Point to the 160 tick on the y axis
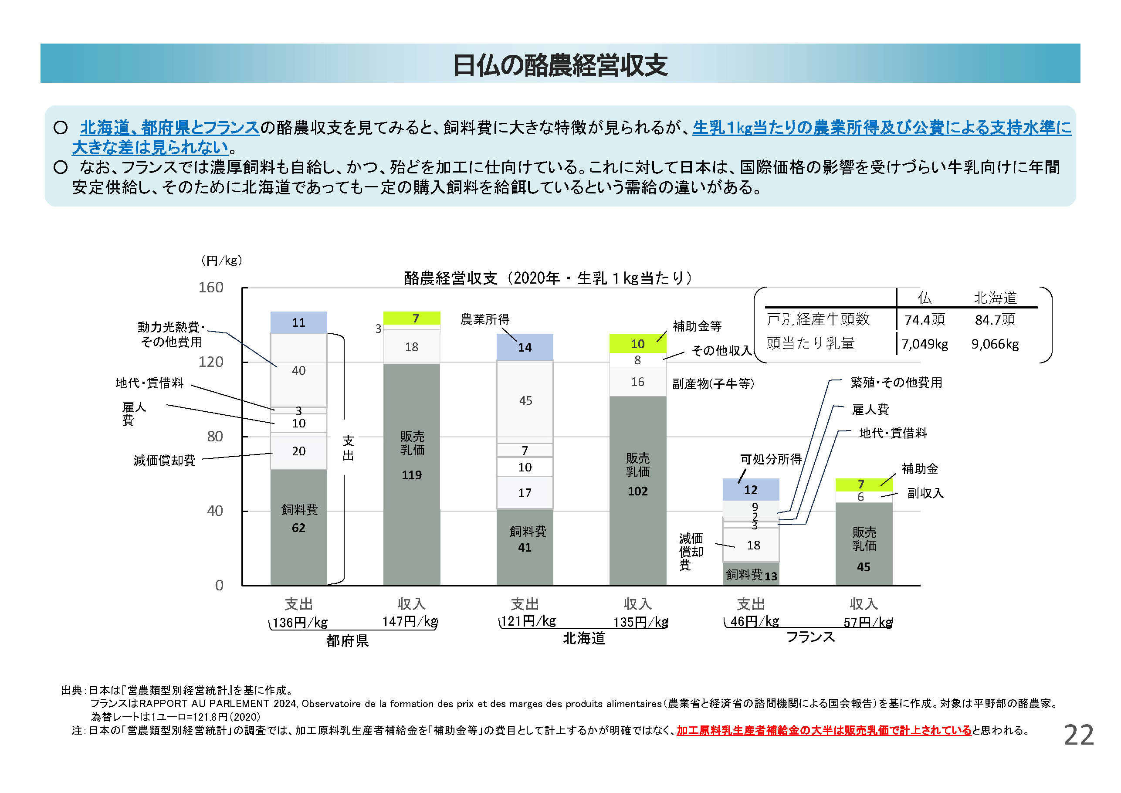tap(211, 288)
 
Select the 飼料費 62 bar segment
tap(298, 527)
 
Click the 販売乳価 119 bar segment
tap(412, 474)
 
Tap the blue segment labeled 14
tap(525, 347)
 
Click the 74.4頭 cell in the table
tap(925, 320)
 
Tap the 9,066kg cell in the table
tap(995, 344)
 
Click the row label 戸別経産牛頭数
tap(818, 319)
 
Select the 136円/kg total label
tap(299, 623)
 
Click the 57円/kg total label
tap(867, 622)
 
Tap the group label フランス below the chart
tap(810, 637)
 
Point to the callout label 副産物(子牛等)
tap(713, 384)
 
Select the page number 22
tap(1079, 735)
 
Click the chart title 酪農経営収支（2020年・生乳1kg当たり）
tap(547, 278)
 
